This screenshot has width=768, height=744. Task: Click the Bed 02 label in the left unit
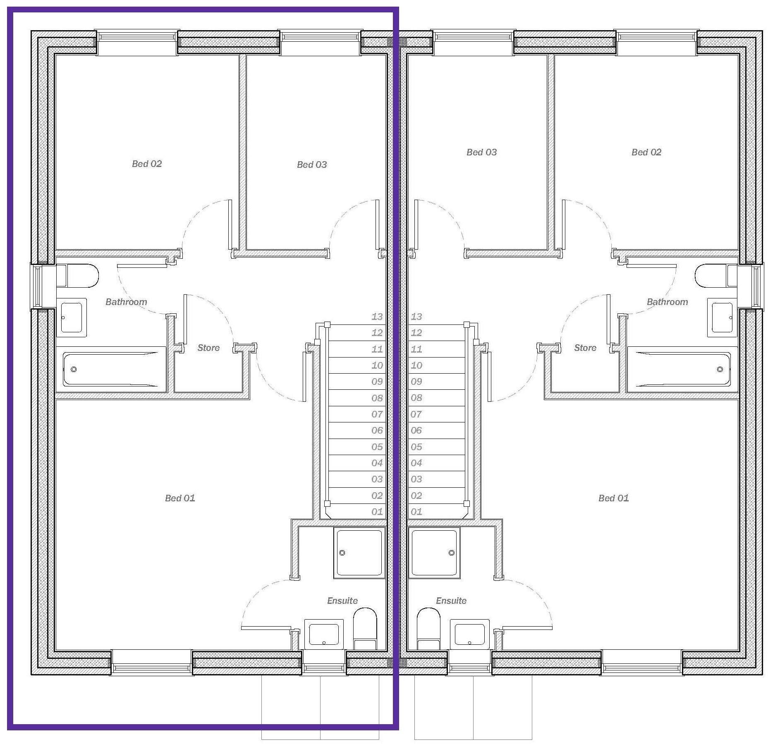147,164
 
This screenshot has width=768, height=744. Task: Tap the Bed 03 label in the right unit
481,152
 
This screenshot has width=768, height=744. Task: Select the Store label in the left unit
208,348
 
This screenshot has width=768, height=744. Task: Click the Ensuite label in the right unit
451,601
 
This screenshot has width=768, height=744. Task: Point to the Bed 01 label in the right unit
613,498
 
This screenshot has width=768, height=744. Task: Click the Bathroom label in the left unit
126,302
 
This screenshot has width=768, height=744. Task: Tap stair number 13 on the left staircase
377,317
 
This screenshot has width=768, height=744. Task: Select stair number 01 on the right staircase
416,512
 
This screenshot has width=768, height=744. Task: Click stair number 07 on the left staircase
377,414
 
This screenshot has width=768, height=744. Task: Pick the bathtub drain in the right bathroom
720,369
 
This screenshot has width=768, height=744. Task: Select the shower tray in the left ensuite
359,553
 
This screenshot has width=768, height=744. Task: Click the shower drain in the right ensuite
452,553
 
